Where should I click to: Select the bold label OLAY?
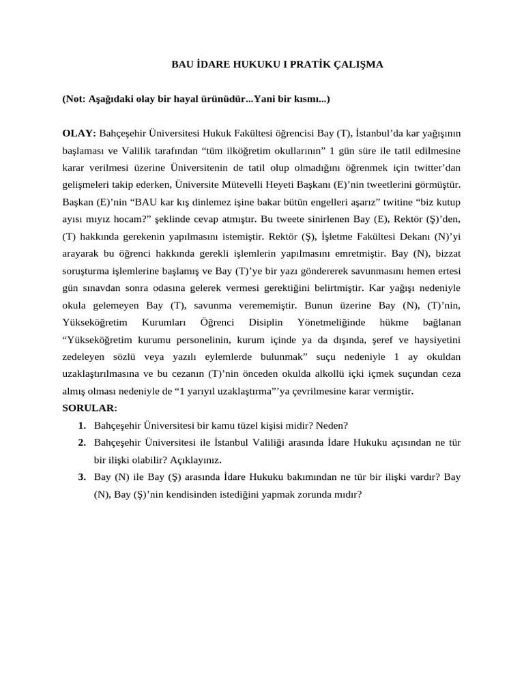(80, 133)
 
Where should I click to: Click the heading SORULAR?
(89, 409)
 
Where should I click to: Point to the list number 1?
(82, 425)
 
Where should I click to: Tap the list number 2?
(82, 443)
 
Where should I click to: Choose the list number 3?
(82, 476)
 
